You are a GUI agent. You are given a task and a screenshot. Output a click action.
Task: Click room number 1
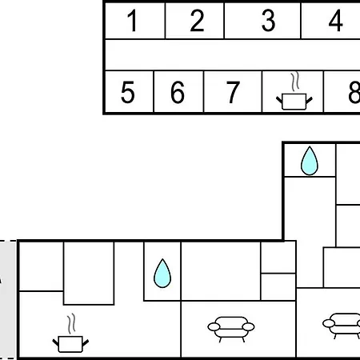pos(133,21)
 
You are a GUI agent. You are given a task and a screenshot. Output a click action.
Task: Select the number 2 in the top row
pos(197,21)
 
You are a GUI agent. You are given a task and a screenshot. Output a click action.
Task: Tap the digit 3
pos(268,21)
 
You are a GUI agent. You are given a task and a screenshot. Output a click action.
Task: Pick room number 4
pos(335,21)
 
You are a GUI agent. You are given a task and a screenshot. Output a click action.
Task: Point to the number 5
pos(127,92)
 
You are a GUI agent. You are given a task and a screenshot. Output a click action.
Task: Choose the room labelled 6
pos(178,92)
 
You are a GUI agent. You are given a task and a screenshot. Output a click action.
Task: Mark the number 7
pos(233,92)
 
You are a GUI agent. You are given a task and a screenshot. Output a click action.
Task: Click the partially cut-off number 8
pos(354,92)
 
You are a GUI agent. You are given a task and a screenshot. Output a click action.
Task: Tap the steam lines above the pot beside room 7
pos(294,82)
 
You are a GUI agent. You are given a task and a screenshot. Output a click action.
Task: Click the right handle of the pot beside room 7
pos(309,101)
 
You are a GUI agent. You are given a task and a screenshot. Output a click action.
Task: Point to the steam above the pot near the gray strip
pos(71,324)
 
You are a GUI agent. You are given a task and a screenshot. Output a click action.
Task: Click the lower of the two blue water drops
pos(162,274)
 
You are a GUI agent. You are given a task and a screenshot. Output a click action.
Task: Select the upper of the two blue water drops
pos(310,161)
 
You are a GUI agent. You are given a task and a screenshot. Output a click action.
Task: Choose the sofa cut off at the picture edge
pos(342,326)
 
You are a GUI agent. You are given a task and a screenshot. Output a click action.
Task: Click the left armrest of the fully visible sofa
pos(214,326)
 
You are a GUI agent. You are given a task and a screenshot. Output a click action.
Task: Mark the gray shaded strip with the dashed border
pos(8,300)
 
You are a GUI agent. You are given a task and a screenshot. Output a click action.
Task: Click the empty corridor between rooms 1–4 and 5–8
pos(233,55)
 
